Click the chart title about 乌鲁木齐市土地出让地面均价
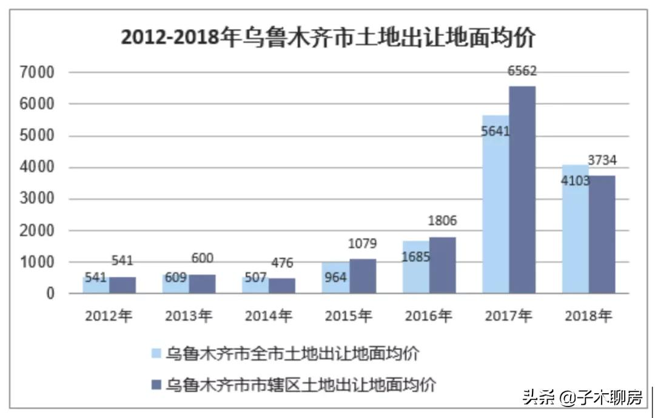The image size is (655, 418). (327, 38)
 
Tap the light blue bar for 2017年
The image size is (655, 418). (495, 212)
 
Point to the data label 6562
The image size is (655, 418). (522, 72)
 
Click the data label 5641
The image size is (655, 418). (495, 130)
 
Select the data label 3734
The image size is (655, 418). (602, 161)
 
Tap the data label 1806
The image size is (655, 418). (442, 221)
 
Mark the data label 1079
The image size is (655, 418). (363, 244)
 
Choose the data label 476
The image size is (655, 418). (283, 263)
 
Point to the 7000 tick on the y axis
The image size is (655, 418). (38, 73)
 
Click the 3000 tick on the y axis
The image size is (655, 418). (38, 199)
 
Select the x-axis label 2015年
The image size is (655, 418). (348, 316)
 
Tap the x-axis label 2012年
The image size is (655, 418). (109, 316)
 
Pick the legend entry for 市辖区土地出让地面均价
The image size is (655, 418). (293, 385)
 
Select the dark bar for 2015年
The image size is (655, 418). (363, 276)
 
